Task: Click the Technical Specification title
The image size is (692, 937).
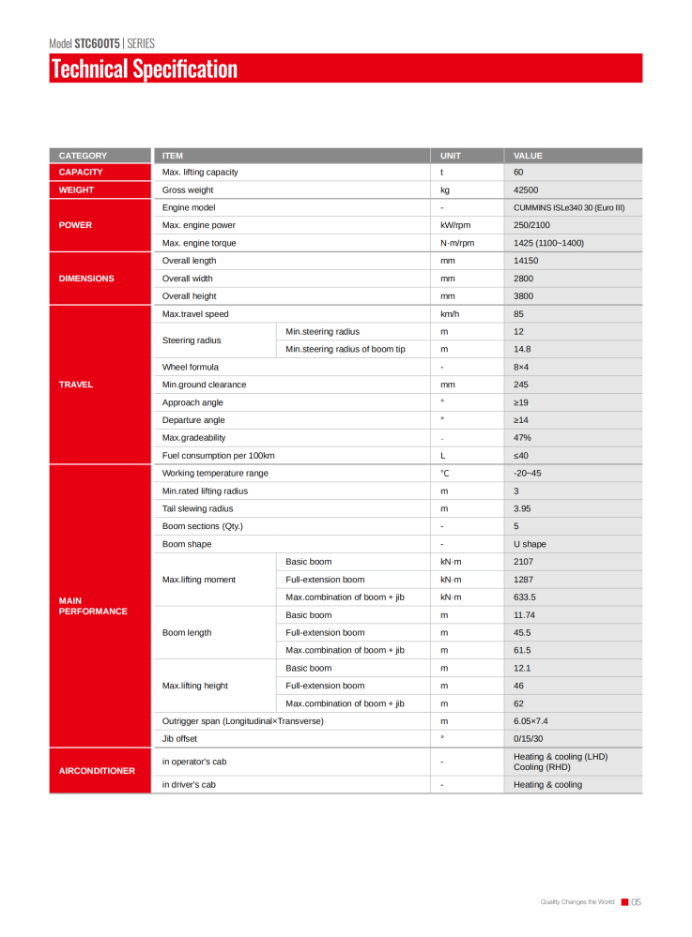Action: pos(145,69)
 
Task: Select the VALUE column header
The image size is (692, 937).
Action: pos(529,156)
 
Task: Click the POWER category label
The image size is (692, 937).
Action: pos(75,225)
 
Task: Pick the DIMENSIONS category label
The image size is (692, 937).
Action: pos(86,279)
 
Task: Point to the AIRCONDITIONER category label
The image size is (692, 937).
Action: pos(97,771)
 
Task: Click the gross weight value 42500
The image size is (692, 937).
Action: pos(526,189)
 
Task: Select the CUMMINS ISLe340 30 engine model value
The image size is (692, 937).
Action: pos(569,207)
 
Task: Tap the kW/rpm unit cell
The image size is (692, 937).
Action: pos(455,225)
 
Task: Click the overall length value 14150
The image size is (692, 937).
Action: pos(526,261)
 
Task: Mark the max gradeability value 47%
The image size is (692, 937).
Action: pos(523,438)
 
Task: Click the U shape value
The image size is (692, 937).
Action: pos(530,544)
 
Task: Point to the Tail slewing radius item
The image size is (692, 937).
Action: pos(198,508)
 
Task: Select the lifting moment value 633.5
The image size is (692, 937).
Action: pos(527,597)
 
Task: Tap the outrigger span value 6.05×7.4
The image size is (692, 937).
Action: pos(531,721)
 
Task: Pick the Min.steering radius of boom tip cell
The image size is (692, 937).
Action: pos(346,349)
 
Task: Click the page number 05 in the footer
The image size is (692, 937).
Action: pos(636,902)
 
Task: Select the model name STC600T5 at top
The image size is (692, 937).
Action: pos(97,43)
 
